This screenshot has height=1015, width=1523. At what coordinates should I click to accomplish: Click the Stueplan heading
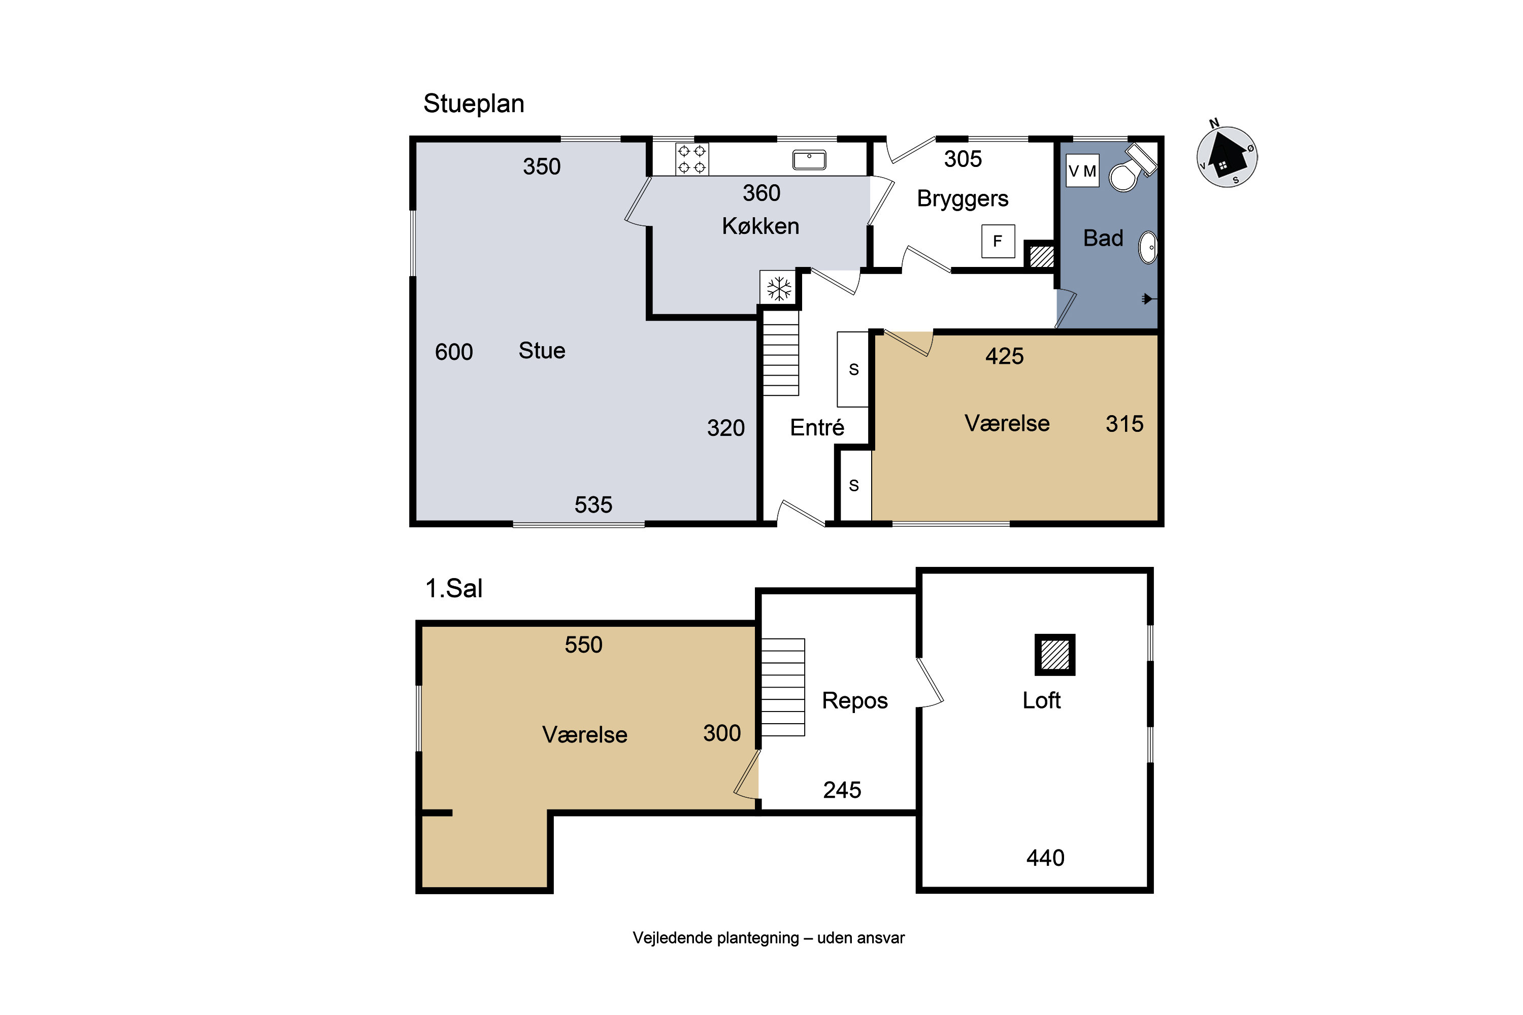pos(473,104)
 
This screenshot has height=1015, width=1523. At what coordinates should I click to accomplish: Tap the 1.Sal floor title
pos(453,588)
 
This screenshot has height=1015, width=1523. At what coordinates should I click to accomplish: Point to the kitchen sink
pos(809,160)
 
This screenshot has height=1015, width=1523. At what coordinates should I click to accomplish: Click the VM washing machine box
pos(1082,171)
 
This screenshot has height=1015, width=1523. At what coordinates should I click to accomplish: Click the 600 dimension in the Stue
pos(453,352)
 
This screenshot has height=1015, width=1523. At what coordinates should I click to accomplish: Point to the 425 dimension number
pos(1004,356)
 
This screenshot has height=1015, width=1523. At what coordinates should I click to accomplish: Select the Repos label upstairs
pos(855,701)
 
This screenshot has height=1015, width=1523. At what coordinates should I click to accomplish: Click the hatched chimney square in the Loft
pos(1055,655)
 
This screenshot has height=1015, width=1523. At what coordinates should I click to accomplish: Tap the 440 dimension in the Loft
pos(1045,858)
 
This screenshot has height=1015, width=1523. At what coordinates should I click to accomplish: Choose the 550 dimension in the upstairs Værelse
pos(583,645)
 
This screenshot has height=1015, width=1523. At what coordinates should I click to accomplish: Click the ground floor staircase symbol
pos(780,353)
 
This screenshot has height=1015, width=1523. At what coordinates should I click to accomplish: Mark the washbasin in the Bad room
pos(1148,247)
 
